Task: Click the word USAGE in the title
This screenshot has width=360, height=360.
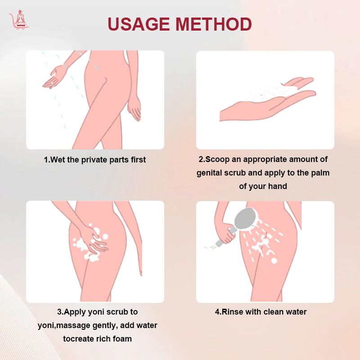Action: pyautogui.click(x=139, y=24)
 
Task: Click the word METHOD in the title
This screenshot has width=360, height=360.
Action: pyautogui.click(x=214, y=24)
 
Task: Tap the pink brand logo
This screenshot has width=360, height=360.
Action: pyautogui.click(x=19, y=20)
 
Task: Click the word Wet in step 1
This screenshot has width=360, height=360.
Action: pyautogui.click(x=58, y=160)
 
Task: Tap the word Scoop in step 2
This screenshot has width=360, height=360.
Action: pyautogui.click(x=217, y=160)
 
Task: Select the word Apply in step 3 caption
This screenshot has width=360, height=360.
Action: pyautogui.click(x=75, y=312)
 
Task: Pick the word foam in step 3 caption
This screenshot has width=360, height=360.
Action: pyautogui.click(x=121, y=339)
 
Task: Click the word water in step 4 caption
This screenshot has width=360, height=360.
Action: pyautogui.click(x=296, y=312)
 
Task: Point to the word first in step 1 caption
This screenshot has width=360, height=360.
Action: pyautogui.click(x=138, y=160)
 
